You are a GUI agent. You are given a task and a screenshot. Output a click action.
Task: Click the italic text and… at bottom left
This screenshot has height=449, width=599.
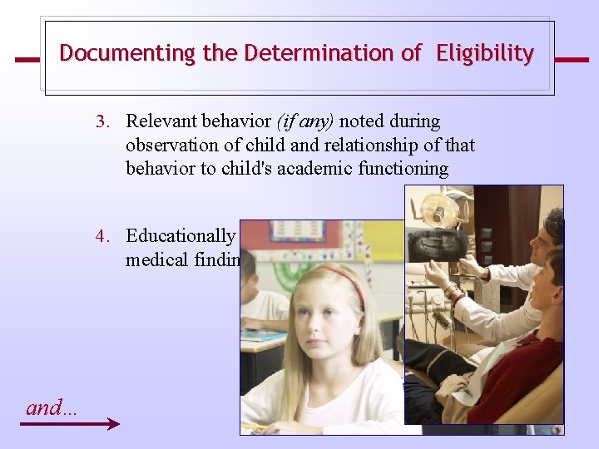pyautogui.click(x=51, y=407)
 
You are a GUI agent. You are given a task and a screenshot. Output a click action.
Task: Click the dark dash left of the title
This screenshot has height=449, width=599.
pyautogui.click(x=27, y=60)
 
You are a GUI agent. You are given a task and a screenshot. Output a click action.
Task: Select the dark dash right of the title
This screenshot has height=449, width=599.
pyautogui.click(x=571, y=60)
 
